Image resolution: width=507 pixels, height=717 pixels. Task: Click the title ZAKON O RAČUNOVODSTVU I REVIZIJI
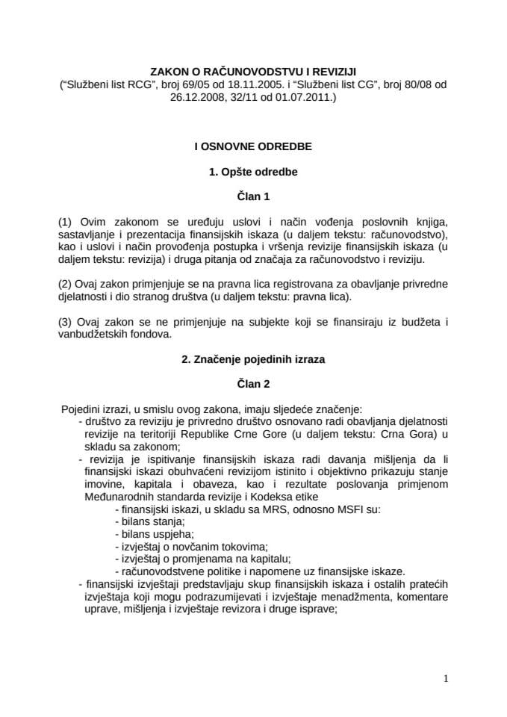(x=253, y=72)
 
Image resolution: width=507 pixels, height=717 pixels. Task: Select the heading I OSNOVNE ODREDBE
(x=253, y=147)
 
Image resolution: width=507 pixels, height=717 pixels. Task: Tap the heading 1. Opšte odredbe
(x=253, y=173)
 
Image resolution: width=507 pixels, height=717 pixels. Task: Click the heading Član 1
(x=253, y=198)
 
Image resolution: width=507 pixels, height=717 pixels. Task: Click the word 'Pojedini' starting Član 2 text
(x=81, y=409)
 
